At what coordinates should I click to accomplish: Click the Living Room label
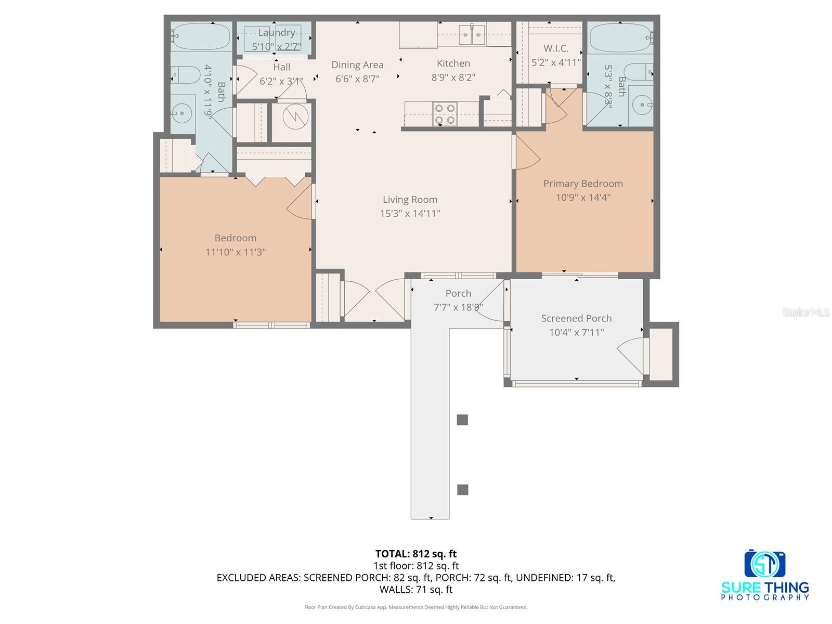click(x=410, y=200)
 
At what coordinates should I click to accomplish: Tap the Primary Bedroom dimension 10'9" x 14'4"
click(x=583, y=198)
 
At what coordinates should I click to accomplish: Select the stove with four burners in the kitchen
click(x=445, y=114)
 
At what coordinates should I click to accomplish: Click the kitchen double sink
click(x=472, y=34)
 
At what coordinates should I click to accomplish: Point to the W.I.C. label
click(x=556, y=48)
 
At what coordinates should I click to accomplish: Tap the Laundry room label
click(x=277, y=33)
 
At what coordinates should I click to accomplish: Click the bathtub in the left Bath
click(x=201, y=35)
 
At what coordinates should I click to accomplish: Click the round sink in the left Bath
click(x=182, y=112)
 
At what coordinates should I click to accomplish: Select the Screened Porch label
click(x=576, y=318)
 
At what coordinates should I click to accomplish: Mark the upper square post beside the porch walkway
click(x=462, y=420)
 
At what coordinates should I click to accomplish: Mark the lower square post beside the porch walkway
click(x=462, y=489)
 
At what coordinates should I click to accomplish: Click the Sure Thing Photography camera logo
click(x=764, y=564)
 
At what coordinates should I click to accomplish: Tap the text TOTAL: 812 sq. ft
click(x=415, y=554)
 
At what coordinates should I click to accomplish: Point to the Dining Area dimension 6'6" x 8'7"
click(x=357, y=79)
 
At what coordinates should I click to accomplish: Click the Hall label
click(x=281, y=67)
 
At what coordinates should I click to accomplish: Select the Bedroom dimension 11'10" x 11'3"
click(x=236, y=252)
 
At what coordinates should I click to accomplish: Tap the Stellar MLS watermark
click(x=806, y=312)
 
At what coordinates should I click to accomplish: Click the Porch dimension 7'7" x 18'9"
click(x=458, y=307)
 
